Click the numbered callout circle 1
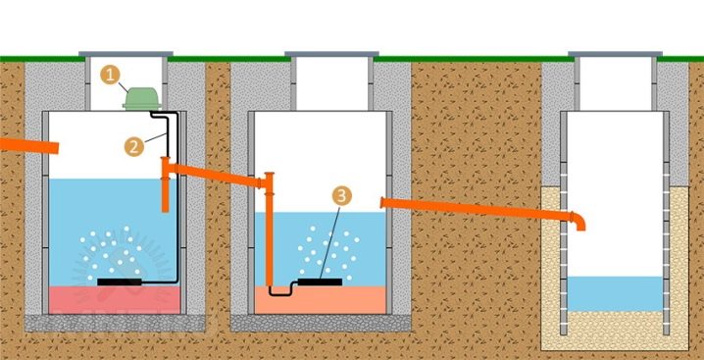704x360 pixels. click(109, 75)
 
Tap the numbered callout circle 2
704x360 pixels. click(133, 147)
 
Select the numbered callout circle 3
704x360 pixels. click(341, 196)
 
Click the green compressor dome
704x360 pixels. click(141, 98)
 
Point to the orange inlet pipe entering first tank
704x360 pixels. click(29, 145)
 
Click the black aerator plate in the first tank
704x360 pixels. click(120, 282)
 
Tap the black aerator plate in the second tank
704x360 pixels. click(320, 282)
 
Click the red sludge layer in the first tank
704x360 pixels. click(115, 300)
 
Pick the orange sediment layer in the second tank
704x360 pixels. click(320, 300)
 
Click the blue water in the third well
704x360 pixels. click(615, 294)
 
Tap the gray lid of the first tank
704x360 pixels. click(126, 54)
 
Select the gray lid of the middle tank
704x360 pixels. click(331, 54)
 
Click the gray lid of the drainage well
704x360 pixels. click(615, 54)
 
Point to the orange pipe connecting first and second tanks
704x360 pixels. click(217, 175)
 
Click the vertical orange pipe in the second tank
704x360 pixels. click(269, 230)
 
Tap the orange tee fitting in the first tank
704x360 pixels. click(166, 184)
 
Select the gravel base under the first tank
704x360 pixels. click(115, 323)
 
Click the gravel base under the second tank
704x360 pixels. click(321, 323)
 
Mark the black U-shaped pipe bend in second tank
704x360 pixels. click(280, 294)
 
